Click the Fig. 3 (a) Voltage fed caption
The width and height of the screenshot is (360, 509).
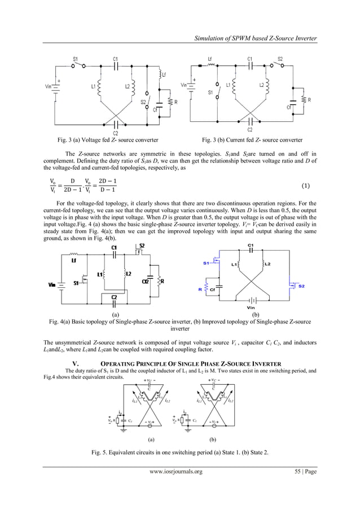click(103, 139)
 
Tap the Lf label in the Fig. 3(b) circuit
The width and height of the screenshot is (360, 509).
click(210, 58)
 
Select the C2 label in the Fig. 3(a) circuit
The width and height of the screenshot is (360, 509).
click(115, 133)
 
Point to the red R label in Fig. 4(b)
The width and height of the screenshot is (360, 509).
click(200, 289)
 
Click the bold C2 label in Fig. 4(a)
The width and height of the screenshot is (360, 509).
click(115, 297)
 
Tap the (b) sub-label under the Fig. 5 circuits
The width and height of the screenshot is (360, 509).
click(212, 437)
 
